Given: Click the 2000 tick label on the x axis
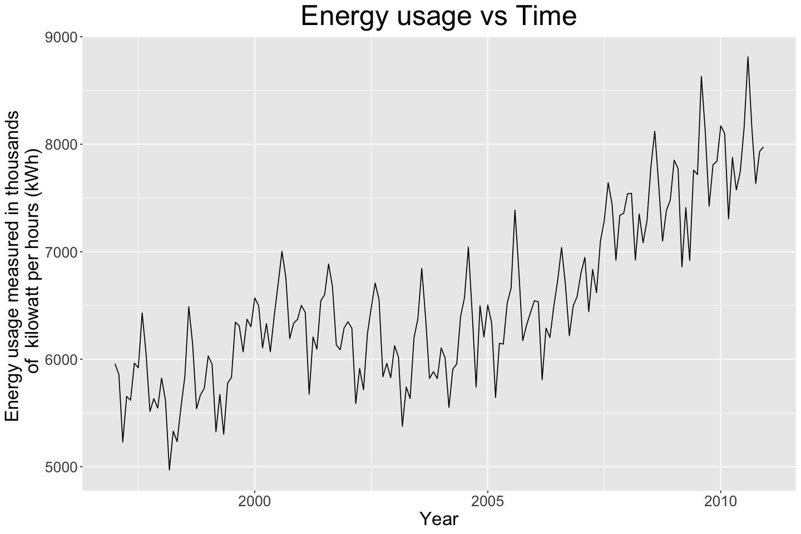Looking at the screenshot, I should [255, 502].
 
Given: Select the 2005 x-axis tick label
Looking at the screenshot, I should [488, 502].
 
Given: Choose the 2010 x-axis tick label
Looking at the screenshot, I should [720, 502].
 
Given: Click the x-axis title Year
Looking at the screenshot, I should [439, 519].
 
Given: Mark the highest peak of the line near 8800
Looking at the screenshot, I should [748, 57].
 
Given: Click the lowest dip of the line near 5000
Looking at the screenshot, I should [169, 469].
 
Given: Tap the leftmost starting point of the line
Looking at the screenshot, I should [115, 364].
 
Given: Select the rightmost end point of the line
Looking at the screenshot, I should [763, 147].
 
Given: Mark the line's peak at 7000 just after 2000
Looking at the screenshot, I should [282, 251].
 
